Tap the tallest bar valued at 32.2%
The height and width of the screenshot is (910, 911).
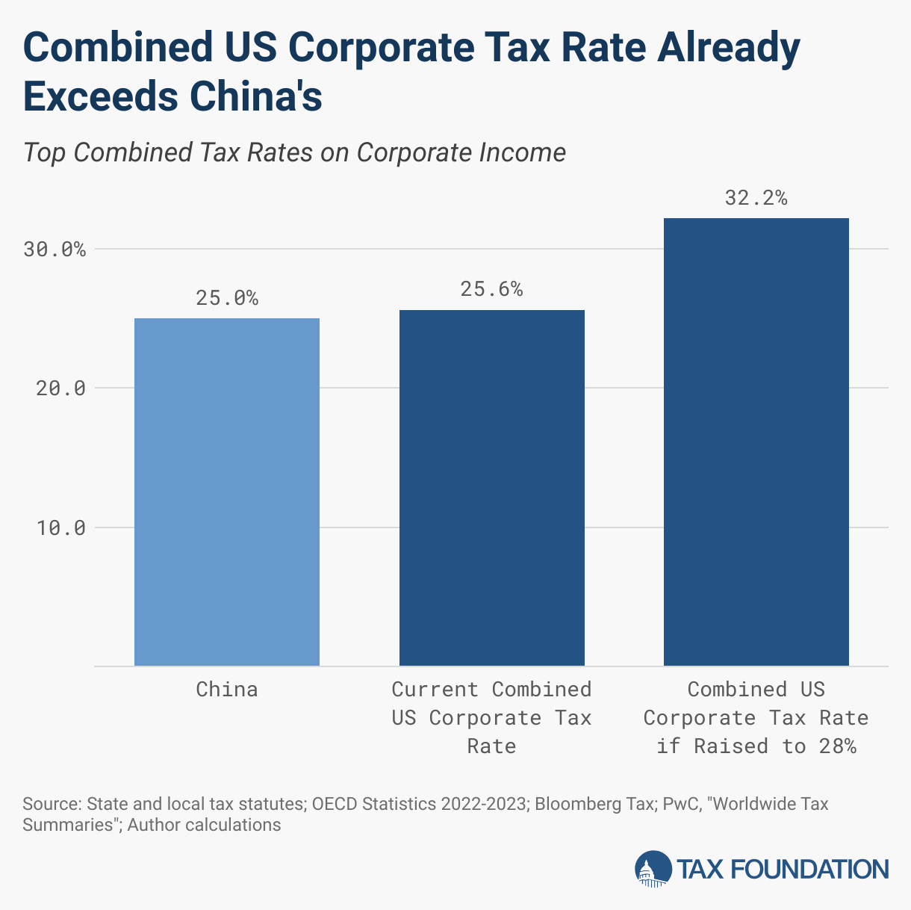pos(756,442)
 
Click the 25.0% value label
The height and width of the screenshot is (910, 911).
pos(227,298)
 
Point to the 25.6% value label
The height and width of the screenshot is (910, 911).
pos(491,289)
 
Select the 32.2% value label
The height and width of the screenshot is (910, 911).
pos(756,198)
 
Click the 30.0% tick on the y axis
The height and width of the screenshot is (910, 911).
pos(55,250)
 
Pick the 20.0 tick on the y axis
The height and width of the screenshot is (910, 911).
pos(60,389)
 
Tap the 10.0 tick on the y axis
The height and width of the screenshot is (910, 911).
pos(60,527)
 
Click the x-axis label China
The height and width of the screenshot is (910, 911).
pos(227,689)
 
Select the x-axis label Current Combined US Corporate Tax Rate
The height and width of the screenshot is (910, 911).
pos(491,717)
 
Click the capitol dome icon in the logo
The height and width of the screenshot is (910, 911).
pos(653,869)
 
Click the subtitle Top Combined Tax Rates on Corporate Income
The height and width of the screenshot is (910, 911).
pos(294,152)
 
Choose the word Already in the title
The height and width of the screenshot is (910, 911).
pos(727,47)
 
